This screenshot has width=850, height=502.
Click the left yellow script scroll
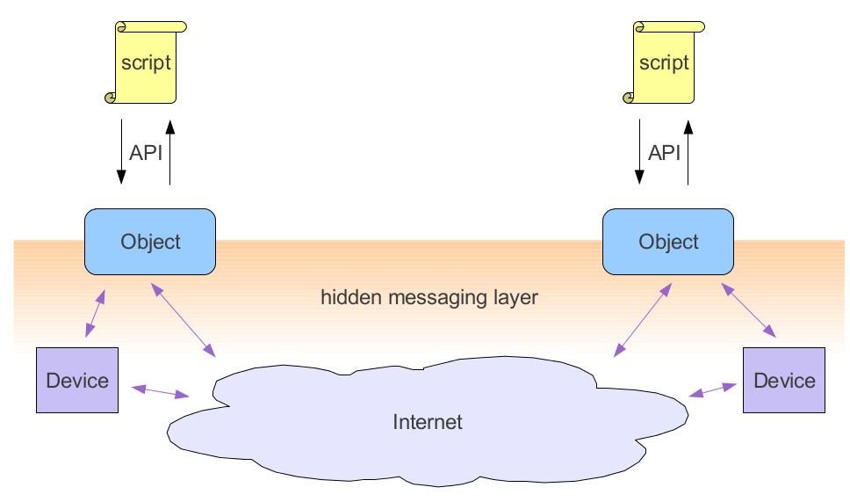click(147, 62)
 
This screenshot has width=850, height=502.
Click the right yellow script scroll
click(665, 62)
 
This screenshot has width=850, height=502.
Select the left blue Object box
click(150, 242)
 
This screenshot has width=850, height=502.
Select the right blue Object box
click(668, 242)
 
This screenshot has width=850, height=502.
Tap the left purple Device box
click(76, 380)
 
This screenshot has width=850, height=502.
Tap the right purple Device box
click(783, 380)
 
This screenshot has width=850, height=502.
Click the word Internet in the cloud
click(427, 422)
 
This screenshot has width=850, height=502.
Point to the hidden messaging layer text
click(429, 297)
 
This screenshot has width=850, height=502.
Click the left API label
click(146, 153)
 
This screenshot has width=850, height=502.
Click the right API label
click(665, 153)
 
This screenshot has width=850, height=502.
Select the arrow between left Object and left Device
click(95, 314)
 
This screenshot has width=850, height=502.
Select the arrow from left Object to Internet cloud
click(184, 319)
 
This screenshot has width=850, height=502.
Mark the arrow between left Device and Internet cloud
click(160, 391)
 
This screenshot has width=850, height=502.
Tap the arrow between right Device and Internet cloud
click(712, 389)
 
